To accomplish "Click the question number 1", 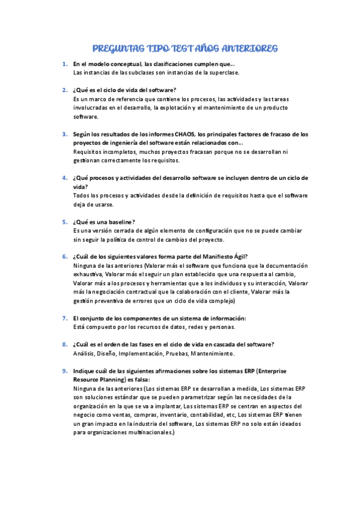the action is point(64,64).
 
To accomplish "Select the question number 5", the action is point(64,222).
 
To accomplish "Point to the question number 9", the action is point(64,371).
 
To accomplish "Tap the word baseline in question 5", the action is point(121,222).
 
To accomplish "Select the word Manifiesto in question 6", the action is point(218,256).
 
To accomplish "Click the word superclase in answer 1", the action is point(223,72).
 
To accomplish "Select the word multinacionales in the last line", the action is point(145,432).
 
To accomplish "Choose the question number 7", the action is point(64,318).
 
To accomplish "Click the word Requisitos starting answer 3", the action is point(89,152).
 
